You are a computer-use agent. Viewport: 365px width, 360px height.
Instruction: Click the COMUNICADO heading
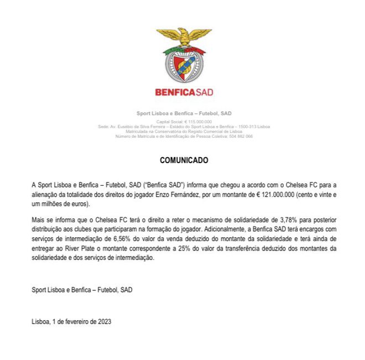pyautogui.click(x=184, y=160)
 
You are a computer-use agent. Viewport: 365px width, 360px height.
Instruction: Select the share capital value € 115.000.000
pyautogui.click(x=197, y=121)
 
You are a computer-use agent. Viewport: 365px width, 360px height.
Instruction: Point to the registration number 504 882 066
pyautogui.click(x=241, y=136)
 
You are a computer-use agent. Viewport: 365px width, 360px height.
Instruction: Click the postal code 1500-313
pyautogui.click(x=246, y=126)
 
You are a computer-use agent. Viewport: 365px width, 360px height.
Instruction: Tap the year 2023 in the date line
pyautogui.click(x=104, y=321)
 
